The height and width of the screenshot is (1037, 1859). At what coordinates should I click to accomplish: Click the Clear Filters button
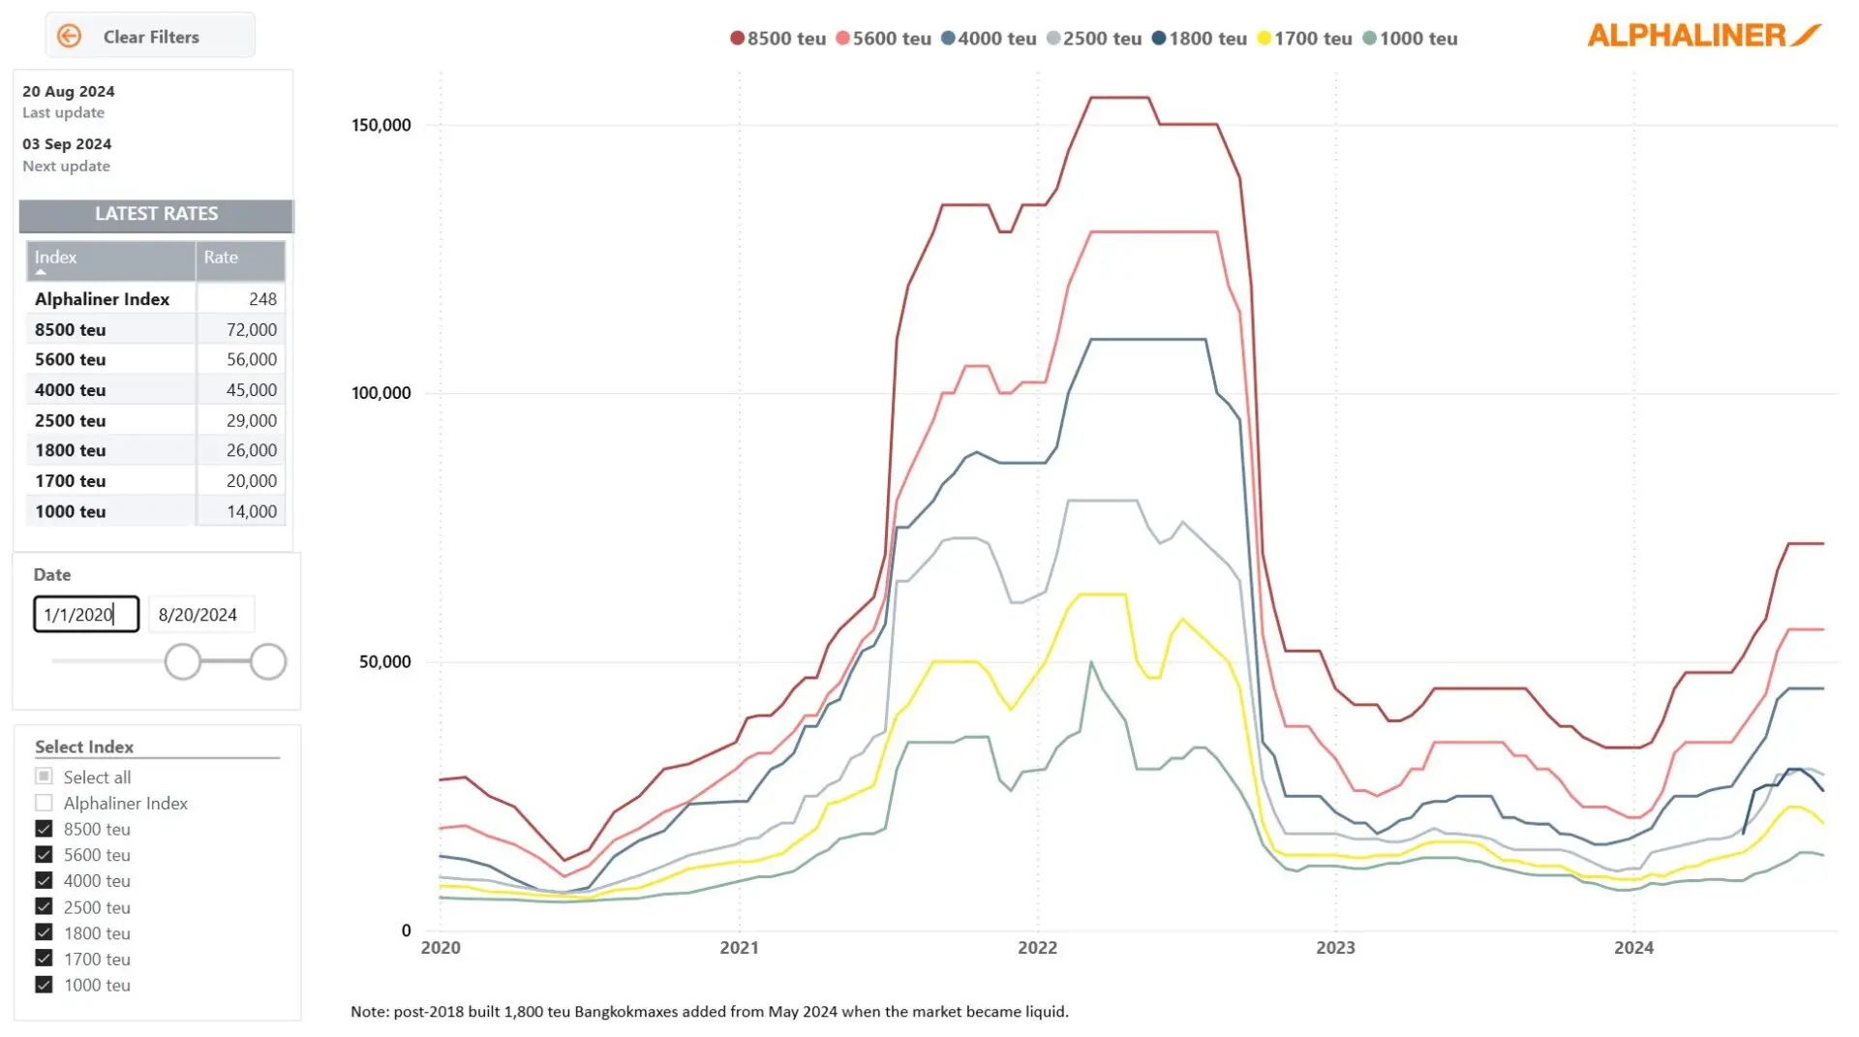click(x=150, y=37)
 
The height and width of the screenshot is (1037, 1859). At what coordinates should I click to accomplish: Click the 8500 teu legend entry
click(x=777, y=39)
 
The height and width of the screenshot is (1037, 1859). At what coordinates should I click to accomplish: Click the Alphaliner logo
click(x=1703, y=36)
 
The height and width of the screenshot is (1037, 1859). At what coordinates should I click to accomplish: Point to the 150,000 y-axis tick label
click(x=381, y=125)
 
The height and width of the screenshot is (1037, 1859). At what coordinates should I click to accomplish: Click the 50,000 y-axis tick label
click(x=384, y=662)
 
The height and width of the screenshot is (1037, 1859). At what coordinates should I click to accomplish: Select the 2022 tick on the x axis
click(x=1037, y=948)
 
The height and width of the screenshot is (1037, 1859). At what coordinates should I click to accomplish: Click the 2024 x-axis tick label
click(x=1633, y=948)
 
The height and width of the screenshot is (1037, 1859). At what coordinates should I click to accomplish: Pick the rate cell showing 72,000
click(x=251, y=330)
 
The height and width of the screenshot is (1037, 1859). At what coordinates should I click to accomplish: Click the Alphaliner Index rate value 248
click(x=261, y=299)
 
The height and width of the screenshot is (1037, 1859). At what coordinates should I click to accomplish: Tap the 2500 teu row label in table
click(x=71, y=421)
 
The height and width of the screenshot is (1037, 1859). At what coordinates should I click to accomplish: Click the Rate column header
click(x=221, y=258)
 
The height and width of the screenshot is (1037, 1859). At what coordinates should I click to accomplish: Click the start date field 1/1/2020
click(x=86, y=615)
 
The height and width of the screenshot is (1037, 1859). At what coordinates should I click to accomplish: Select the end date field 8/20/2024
click(x=198, y=615)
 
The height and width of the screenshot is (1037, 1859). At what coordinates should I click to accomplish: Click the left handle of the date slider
click(x=182, y=662)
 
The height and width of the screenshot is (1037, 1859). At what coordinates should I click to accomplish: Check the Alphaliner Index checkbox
click(x=44, y=804)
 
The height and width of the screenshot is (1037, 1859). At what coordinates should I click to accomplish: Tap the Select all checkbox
click(x=44, y=778)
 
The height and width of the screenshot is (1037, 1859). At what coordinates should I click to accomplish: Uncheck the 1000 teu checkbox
click(x=44, y=986)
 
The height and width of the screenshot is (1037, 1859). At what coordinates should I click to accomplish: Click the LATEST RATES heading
click(x=156, y=214)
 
